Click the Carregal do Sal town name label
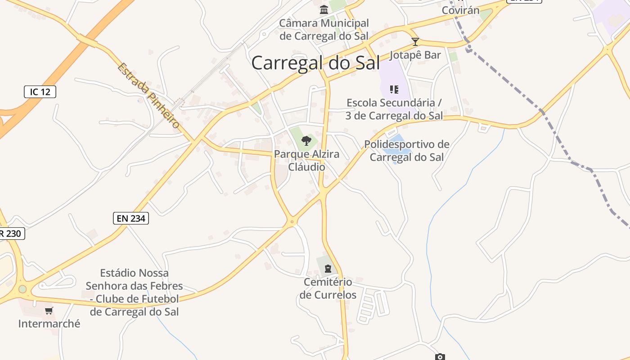315,63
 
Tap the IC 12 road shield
40,92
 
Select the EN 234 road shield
130,218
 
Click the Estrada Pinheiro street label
149,95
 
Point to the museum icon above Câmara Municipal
324,9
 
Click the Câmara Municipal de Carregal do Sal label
324,29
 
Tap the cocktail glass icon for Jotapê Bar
415,42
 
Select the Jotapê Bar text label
415,55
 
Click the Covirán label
461,10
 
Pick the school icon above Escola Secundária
394,90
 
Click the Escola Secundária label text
394,109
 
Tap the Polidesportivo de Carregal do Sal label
406,151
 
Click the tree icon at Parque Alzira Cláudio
306,141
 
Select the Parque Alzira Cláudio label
306,161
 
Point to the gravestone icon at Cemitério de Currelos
328,269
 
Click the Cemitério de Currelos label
328,288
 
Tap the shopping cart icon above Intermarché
49,310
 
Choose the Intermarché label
49,323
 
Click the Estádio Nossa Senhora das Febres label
134,292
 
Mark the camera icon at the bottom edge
440,357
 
